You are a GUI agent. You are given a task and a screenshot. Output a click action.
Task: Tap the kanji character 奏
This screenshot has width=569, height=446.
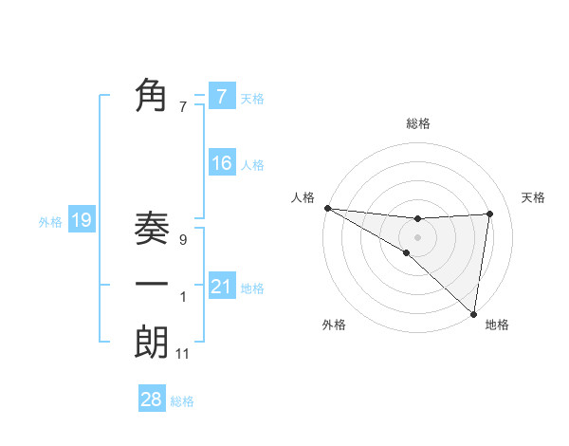tap(152, 230)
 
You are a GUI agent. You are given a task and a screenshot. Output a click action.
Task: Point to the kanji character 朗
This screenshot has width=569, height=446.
tap(152, 342)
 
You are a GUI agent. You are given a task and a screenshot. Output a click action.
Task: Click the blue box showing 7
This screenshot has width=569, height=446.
tap(221, 96)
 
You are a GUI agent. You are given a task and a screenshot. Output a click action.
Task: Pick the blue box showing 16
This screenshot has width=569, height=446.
tap(221, 163)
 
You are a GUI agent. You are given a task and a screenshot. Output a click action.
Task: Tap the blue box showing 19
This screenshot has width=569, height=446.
tap(82, 221)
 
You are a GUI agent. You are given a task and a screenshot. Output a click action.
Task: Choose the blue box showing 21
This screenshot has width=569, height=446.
tap(221, 286)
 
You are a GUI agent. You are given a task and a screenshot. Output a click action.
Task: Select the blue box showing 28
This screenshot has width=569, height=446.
tap(152, 400)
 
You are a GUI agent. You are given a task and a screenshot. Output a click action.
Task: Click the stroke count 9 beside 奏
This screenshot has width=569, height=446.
tap(182, 241)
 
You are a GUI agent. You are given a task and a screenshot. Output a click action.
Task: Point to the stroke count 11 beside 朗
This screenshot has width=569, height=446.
tap(183, 354)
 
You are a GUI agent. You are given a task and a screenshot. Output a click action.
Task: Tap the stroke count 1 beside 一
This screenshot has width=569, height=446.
tap(183, 297)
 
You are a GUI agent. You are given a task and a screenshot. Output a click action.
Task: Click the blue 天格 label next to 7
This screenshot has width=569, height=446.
tap(252, 98)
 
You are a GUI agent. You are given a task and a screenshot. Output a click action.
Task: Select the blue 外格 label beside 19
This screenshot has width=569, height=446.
tap(50, 222)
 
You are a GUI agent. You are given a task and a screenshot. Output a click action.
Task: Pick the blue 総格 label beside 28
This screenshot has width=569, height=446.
tap(182, 401)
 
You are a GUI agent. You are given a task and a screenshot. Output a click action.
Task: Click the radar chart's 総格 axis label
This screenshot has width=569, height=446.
tap(417, 123)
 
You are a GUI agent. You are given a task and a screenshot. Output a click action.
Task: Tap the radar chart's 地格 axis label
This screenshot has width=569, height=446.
tap(497, 325)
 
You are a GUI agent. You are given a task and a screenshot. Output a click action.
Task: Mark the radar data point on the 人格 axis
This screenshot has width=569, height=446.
tap(327, 208)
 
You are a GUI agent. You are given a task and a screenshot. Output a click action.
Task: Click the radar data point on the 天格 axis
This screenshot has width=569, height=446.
tap(490, 214)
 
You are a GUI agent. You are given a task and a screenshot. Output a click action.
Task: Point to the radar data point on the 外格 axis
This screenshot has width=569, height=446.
tap(406, 252)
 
